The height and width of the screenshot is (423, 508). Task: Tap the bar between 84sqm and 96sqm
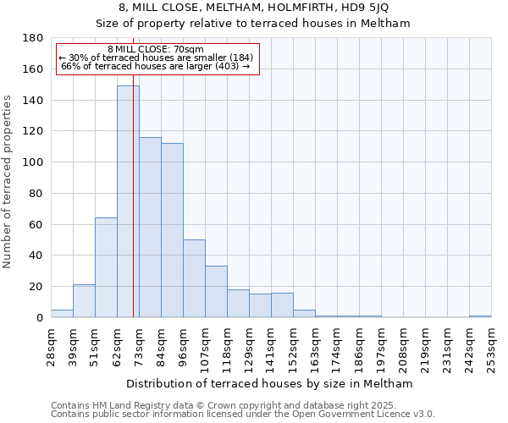coord(172,230)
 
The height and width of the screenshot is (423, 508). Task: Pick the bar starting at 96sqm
coord(194,278)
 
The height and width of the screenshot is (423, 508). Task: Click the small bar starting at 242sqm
coord(480,316)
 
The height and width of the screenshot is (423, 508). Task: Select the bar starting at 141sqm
coord(282,305)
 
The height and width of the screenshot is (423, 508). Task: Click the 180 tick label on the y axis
coord(33,38)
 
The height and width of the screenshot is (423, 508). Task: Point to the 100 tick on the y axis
coord(33,162)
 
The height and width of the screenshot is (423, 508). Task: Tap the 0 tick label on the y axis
coord(40,318)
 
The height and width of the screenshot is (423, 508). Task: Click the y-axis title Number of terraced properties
coord(8,181)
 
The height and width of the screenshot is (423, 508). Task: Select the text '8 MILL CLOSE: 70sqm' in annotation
coord(156,50)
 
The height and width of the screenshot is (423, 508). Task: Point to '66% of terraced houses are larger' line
coord(156,66)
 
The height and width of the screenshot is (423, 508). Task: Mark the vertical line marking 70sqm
coord(133,211)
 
